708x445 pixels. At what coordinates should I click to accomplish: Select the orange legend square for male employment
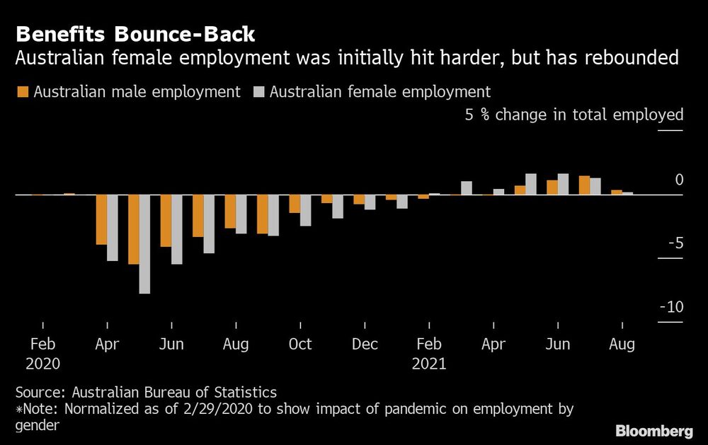(x=21, y=92)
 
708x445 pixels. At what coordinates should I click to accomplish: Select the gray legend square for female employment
(x=258, y=92)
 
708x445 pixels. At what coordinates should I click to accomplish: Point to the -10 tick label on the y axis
(x=670, y=307)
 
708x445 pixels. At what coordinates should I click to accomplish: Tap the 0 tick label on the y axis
(x=679, y=180)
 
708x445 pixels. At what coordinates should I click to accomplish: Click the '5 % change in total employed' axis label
(x=573, y=115)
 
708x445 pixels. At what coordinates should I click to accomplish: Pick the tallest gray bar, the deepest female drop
(x=144, y=243)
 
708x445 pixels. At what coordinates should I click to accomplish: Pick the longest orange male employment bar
(x=134, y=229)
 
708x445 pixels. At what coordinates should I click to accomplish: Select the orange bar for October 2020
(x=295, y=204)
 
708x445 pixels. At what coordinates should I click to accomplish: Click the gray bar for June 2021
(x=563, y=184)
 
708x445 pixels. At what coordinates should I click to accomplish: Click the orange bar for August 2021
(x=617, y=192)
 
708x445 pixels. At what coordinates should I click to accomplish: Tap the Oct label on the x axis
(x=300, y=345)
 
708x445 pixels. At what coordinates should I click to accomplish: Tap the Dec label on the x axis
(x=365, y=345)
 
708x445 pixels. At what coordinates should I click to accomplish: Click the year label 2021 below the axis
(x=429, y=364)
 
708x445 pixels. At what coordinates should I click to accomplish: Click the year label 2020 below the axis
(x=42, y=364)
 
